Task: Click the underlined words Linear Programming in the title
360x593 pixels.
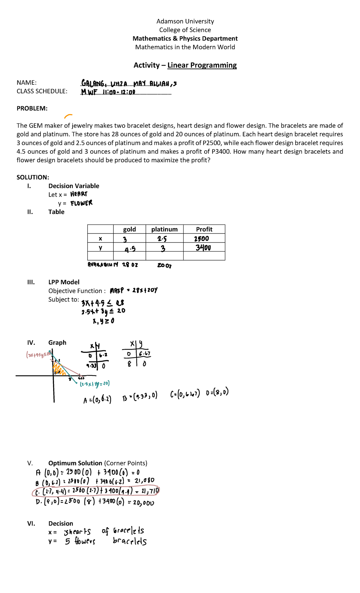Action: click(202, 65)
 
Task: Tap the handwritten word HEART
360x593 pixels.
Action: click(79, 194)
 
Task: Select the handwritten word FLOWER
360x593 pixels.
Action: click(82, 203)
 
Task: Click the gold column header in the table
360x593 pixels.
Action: click(129, 229)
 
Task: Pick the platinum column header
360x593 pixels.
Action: click(164, 229)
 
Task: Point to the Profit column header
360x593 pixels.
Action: click(204, 229)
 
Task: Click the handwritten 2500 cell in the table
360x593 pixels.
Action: click(202, 239)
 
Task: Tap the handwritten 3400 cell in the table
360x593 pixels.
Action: click(203, 248)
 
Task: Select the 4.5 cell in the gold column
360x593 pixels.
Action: click(130, 249)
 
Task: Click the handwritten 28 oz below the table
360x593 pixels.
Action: click(130, 265)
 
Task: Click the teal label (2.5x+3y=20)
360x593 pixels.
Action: click(95, 384)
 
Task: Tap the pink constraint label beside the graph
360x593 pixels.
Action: click(38, 355)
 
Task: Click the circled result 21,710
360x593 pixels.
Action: click(150, 491)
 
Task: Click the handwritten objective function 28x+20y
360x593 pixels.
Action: click(145, 290)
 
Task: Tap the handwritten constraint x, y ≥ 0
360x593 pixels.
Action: click(103, 321)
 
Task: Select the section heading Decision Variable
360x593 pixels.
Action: click(74, 186)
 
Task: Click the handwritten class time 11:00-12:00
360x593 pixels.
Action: click(119, 92)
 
